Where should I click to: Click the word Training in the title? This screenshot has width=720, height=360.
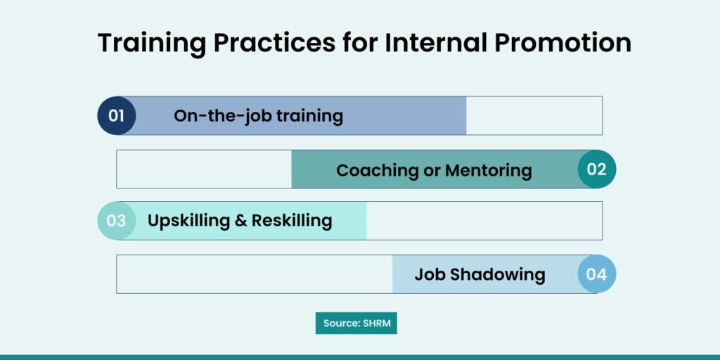[152, 44]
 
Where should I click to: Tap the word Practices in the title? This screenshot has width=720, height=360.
[274, 43]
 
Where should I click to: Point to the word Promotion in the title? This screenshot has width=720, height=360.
[562, 43]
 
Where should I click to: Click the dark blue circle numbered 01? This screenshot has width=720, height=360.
[116, 116]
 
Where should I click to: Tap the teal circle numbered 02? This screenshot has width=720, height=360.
[596, 169]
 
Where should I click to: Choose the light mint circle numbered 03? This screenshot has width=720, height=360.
[116, 221]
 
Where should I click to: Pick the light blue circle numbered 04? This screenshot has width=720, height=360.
[596, 274]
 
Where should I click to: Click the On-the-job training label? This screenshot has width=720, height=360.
[258, 116]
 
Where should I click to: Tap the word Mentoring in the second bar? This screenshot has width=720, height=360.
[489, 170]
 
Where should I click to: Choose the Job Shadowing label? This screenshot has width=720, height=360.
[480, 275]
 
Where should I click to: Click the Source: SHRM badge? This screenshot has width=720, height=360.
[356, 323]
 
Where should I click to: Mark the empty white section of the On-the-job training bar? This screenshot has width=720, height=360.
[534, 116]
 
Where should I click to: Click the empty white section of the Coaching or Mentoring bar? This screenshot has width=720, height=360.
[204, 169]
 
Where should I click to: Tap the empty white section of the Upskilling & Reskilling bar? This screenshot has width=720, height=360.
[484, 221]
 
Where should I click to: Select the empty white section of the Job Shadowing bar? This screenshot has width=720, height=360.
[255, 274]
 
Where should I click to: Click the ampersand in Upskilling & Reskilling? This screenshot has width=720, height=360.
[240, 221]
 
